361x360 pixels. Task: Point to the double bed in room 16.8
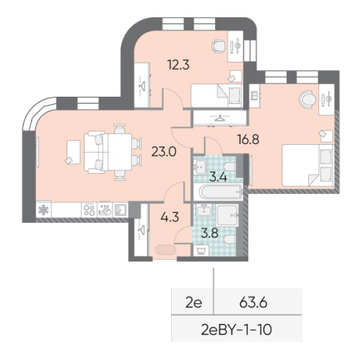(306, 166)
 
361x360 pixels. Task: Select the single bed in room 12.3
(217, 95)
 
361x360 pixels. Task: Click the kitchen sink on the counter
(123, 210)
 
